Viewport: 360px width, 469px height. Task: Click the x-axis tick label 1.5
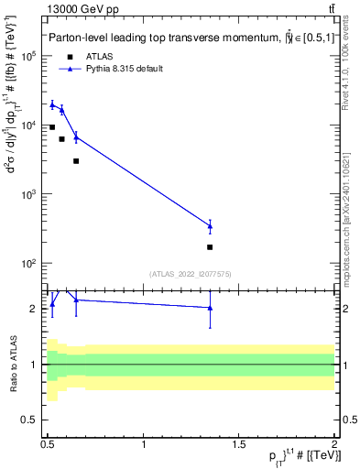click(x=240, y=444)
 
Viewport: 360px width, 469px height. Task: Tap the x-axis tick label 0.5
click(x=49, y=444)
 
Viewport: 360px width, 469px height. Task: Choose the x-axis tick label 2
click(x=333, y=444)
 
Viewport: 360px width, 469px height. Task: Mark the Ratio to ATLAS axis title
click(x=14, y=364)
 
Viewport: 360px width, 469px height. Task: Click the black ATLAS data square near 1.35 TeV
click(x=211, y=247)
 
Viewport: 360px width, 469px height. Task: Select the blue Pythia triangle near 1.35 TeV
click(x=211, y=225)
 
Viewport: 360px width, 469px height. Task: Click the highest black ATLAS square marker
click(x=52, y=127)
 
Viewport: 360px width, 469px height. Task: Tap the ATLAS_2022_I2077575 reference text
click(x=191, y=274)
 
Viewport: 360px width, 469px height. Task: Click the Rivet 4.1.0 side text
click(x=351, y=87)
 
